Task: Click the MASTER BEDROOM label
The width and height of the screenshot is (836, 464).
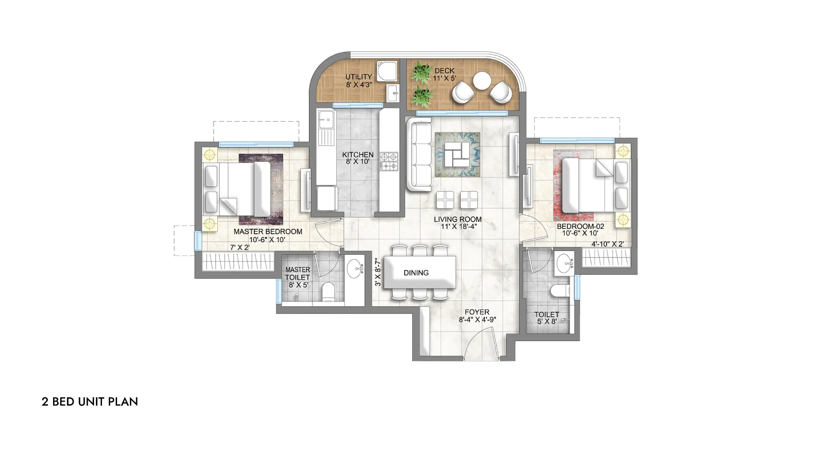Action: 268,232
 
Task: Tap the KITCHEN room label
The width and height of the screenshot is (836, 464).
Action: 358,155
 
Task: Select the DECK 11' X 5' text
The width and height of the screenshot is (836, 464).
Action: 444,74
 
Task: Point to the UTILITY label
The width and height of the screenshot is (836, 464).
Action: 359,77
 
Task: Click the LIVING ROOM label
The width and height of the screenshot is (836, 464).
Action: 458,219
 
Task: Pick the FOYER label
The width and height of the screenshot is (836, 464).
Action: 477,312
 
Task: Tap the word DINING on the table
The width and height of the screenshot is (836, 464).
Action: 416,273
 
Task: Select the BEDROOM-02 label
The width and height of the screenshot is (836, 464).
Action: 580,226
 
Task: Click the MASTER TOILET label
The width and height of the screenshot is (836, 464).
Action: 298,274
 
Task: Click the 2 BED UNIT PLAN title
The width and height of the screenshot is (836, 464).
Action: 90,402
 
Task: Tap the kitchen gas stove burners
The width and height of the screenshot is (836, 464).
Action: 389,162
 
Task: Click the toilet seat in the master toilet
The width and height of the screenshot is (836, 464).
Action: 328,292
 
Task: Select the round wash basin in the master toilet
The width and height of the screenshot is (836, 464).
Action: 357,267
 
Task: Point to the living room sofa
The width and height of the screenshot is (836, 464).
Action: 419,155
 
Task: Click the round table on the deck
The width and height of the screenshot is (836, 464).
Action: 482,80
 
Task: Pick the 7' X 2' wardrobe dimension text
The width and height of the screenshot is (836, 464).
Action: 240,248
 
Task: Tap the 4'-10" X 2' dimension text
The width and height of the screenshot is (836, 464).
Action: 607,244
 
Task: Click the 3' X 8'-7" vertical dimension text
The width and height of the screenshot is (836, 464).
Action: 378,272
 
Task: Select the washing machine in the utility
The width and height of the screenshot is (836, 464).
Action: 385,71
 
